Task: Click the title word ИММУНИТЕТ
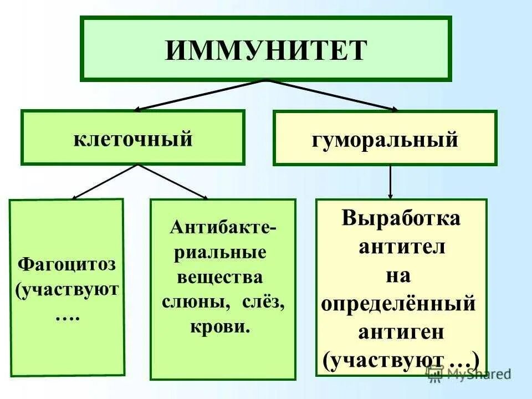pos(266,50)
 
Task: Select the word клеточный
pos(133,139)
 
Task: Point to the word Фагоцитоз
pos(66,263)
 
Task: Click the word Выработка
pos(401,218)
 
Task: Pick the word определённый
pos(398,304)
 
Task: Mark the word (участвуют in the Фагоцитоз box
pos(68,290)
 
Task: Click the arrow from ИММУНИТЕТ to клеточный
pos(199,95)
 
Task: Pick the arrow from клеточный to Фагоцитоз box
pos(105,181)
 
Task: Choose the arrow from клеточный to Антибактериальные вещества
pos(173,181)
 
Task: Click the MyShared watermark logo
pos(468,374)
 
